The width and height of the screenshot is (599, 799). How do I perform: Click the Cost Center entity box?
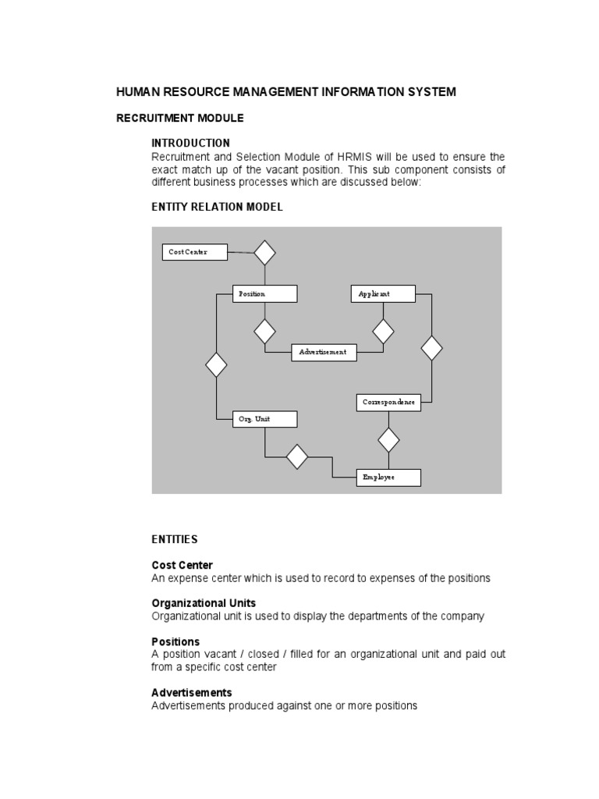click(x=195, y=252)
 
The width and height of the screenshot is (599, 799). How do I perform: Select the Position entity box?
click(x=265, y=293)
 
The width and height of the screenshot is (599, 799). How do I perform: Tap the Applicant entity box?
click(x=383, y=293)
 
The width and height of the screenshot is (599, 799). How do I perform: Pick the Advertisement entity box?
click(x=324, y=353)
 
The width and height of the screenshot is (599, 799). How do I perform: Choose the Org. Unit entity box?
click(x=265, y=419)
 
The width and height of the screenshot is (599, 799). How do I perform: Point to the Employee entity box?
click(x=389, y=477)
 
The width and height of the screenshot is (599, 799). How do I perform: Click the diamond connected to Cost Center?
click(x=265, y=252)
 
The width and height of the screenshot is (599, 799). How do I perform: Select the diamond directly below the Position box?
click(x=265, y=332)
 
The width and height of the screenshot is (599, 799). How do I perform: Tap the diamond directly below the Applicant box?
click(x=383, y=332)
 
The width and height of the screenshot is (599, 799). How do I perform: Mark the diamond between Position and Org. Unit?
click(x=216, y=364)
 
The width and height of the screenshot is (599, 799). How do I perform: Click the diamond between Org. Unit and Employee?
click(x=297, y=456)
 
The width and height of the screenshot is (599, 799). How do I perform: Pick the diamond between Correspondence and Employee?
click(x=388, y=440)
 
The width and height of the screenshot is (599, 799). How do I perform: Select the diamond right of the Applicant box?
click(x=431, y=348)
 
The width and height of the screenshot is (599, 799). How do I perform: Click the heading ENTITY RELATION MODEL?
click(x=217, y=208)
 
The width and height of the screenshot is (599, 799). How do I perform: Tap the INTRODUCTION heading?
click(x=190, y=143)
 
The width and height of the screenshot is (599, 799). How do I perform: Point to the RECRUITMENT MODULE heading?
click(x=180, y=118)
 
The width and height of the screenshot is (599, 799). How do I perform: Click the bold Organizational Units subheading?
click(x=204, y=603)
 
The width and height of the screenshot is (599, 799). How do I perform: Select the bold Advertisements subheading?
click(x=192, y=692)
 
